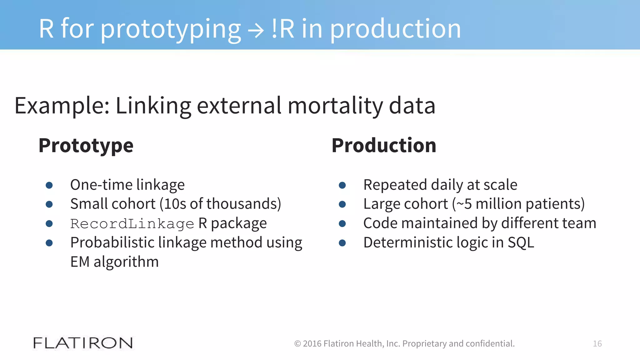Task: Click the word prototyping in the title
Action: (171, 30)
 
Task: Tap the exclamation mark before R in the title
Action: (274, 29)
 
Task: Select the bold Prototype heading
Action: (86, 146)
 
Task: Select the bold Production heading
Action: (384, 146)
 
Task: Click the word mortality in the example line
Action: (335, 106)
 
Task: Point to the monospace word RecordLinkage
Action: (132, 224)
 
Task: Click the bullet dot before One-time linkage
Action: (49, 185)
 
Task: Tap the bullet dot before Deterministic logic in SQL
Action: (342, 243)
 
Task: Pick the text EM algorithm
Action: (114, 262)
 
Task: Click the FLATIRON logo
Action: (83, 343)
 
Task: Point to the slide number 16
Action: (597, 344)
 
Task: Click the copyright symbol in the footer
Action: (297, 344)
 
